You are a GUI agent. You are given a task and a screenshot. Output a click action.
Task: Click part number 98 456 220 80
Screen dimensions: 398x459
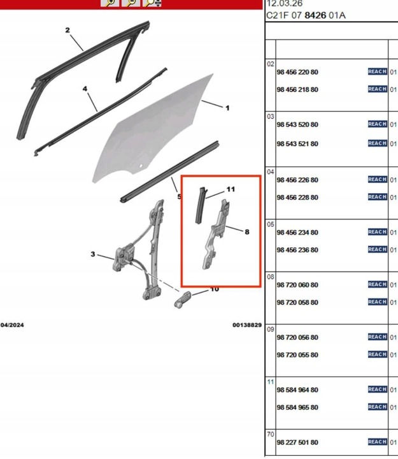click(x=297, y=72)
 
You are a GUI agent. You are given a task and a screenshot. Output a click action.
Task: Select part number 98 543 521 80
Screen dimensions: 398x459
click(x=297, y=143)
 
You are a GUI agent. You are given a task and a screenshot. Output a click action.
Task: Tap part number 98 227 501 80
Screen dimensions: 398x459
click(x=297, y=442)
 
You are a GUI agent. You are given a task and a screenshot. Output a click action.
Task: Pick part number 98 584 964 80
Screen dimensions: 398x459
click(x=297, y=390)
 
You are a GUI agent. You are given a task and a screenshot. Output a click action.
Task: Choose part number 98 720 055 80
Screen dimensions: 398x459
click(x=297, y=355)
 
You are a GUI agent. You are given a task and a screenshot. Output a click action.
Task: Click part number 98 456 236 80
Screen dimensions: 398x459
click(x=297, y=250)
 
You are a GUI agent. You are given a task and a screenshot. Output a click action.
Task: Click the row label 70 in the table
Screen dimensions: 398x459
click(x=271, y=434)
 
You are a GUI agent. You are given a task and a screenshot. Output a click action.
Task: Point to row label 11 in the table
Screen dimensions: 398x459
click(x=271, y=382)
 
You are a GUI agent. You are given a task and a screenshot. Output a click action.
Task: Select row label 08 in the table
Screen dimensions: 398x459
click(x=271, y=277)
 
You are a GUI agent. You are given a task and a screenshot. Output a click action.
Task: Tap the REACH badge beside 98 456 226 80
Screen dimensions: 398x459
click(x=378, y=179)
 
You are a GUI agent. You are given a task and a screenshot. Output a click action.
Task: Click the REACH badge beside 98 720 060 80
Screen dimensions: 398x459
click(x=378, y=284)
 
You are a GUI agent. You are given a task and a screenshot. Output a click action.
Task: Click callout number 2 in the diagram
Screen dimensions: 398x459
click(x=68, y=30)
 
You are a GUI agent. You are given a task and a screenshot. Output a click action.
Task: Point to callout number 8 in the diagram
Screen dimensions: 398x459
click(x=247, y=232)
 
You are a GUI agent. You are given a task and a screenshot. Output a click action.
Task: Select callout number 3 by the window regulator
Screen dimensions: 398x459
click(x=93, y=254)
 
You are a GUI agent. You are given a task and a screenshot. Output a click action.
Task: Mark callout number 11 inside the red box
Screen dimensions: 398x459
click(x=231, y=189)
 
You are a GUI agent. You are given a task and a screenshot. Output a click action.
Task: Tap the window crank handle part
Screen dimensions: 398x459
click(x=183, y=300)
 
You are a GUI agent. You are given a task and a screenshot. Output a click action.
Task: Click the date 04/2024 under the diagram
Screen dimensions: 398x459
click(x=12, y=325)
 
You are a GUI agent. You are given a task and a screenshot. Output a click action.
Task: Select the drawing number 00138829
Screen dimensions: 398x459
click(x=247, y=325)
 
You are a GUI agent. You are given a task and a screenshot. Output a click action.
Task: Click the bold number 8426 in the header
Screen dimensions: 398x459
click(x=315, y=15)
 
